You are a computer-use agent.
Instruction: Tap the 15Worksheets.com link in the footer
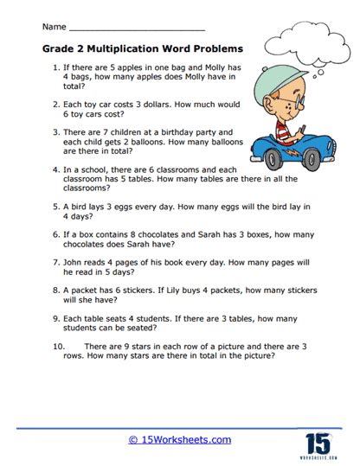(x=179, y=440)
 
